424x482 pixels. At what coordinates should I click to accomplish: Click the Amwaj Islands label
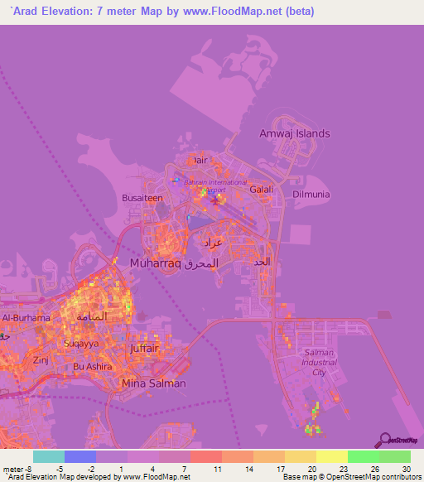(x=294, y=133)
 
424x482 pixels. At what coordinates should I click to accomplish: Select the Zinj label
(x=41, y=361)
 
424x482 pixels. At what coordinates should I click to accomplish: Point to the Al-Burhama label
(x=26, y=318)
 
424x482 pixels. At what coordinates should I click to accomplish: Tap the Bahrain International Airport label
(x=214, y=186)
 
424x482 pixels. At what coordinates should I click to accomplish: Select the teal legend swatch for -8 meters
(x=49, y=456)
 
